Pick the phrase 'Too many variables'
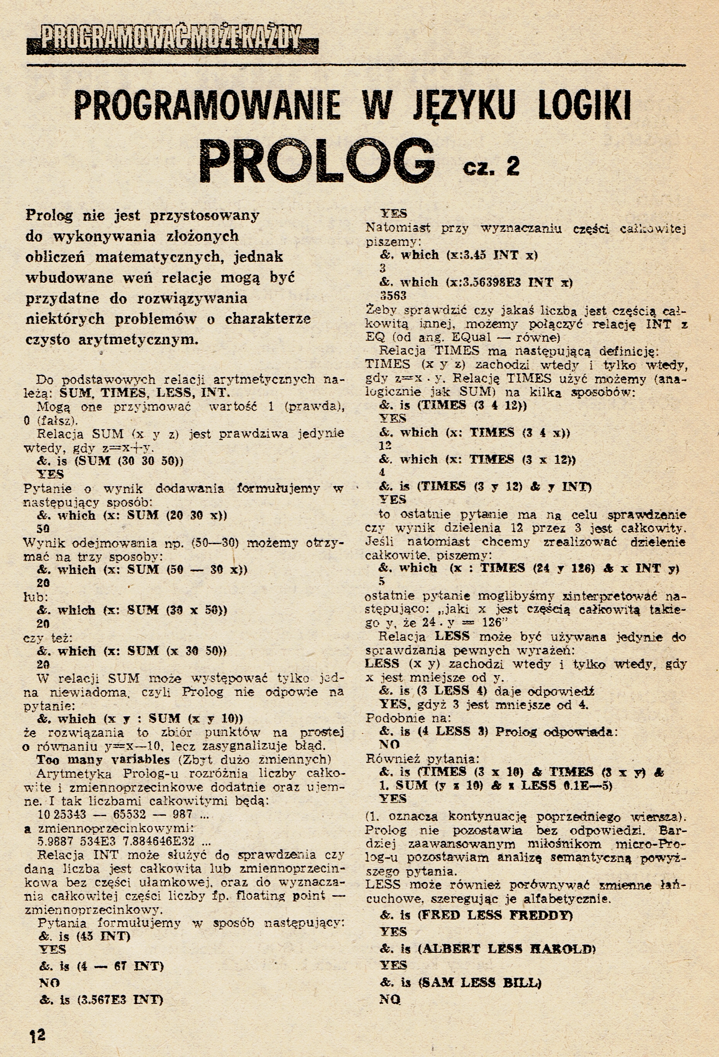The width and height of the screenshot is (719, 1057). coord(103,760)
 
